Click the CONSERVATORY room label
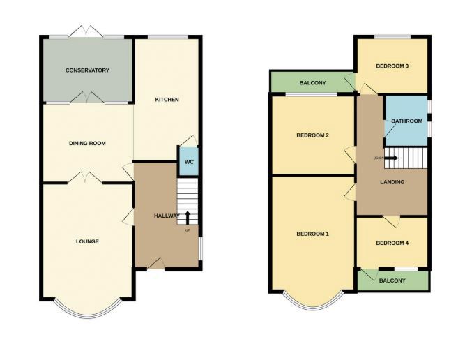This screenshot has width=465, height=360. click(x=87, y=70)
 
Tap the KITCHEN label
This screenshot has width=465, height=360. click(x=167, y=100)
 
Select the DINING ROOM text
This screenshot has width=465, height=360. click(x=87, y=144)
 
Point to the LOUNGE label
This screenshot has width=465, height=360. click(x=87, y=241)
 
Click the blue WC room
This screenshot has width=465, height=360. click(x=188, y=162)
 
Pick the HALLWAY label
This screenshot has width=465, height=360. click(x=167, y=216)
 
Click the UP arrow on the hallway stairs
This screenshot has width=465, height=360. click(x=188, y=218)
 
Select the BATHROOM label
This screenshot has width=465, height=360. click(x=406, y=121)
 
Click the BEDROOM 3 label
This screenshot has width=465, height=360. click(x=392, y=66)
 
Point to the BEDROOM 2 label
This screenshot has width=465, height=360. click(x=312, y=135)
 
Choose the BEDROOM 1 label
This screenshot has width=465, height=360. click(x=312, y=233)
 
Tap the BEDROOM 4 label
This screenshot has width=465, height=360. click(x=392, y=243)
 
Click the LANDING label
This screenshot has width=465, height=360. click(x=390, y=183)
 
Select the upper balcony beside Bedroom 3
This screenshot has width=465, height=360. click(x=312, y=83)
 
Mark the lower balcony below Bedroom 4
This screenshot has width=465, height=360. click(x=392, y=280)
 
